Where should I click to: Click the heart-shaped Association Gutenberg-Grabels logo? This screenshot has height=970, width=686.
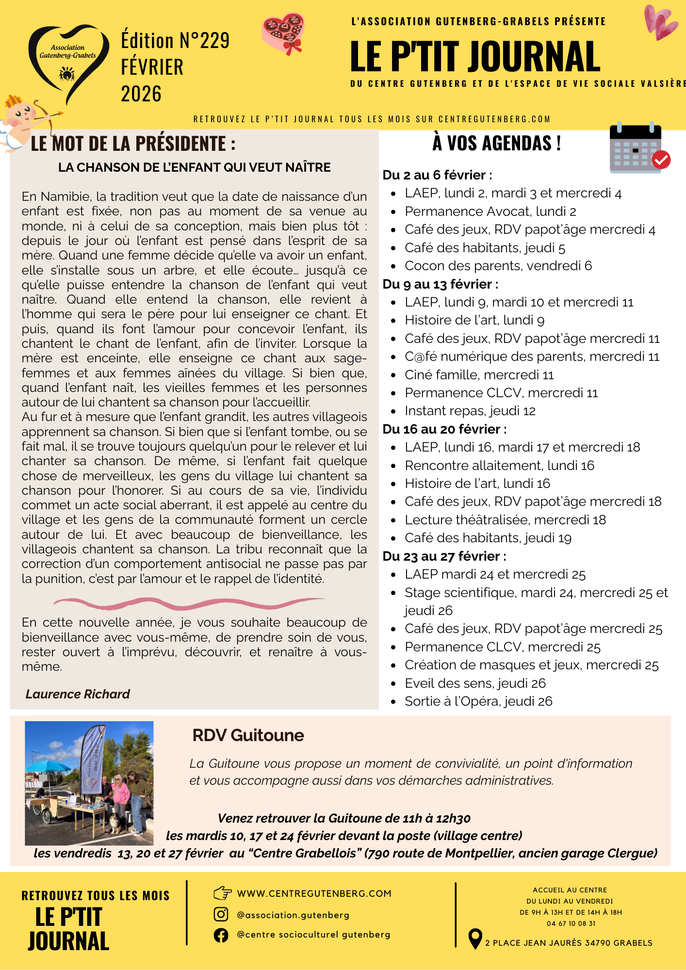(x=68, y=61)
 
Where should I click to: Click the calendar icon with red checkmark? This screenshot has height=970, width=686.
(x=638, y=149)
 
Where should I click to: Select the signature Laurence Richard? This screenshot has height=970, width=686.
(x=78, y=694)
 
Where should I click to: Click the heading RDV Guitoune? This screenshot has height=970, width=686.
(x=248, y=735)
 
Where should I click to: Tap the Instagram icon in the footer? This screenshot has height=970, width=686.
(x=221, y=914)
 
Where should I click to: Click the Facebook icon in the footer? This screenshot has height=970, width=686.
(x=221, y=935)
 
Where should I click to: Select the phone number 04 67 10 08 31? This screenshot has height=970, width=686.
(x=571, y=923)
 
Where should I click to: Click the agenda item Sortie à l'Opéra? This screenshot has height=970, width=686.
(x=478, y=701)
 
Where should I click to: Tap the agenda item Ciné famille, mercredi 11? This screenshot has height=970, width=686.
(x=479, y=375)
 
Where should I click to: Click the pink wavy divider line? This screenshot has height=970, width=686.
(x=189, y=603)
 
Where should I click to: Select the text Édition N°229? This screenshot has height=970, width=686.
(x=175, y=41)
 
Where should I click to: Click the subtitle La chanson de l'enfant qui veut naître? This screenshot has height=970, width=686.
(x=194, y=168)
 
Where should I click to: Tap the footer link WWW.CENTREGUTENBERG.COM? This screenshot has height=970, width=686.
(x=314, y=893)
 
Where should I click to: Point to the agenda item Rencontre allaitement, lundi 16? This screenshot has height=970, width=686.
(x=499, y=466)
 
